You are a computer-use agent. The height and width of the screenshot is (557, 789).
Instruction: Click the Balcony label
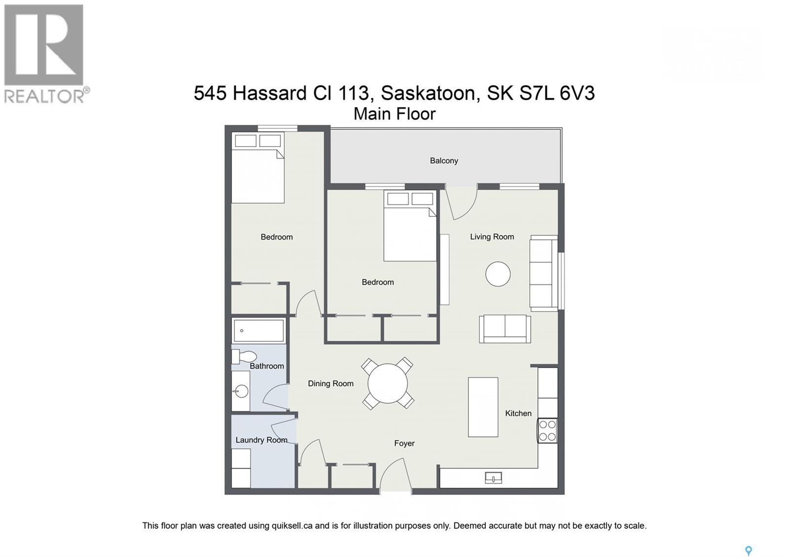point(444,161)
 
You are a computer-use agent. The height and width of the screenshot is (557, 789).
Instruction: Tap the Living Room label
point(492,237)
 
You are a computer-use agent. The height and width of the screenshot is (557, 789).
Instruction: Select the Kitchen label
point(518,413)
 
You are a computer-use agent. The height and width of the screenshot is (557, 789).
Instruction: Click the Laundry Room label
point(261,440)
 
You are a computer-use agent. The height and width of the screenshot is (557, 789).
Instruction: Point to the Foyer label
point(404,443)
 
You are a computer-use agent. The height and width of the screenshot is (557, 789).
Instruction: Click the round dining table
point(388,383)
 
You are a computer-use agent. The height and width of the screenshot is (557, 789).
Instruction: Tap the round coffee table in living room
point(498,274)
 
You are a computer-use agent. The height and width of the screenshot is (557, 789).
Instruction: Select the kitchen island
point(483,407)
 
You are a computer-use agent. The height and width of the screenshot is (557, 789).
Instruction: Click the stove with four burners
point(547,430)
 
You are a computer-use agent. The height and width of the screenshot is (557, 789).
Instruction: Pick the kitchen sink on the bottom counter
point(493,477)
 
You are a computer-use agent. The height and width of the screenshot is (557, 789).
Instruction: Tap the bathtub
point(258,330)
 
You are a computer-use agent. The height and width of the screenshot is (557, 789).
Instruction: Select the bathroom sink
point(241,392)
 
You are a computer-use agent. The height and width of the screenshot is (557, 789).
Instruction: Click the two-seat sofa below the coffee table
point(504,329)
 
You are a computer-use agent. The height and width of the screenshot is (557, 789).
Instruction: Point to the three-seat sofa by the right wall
point(543,274)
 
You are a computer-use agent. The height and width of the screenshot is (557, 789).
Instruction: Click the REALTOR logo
point(45,53)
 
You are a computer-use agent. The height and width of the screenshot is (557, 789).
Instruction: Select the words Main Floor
point(394,114)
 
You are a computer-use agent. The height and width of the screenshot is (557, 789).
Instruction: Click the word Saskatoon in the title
point(428,93)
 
